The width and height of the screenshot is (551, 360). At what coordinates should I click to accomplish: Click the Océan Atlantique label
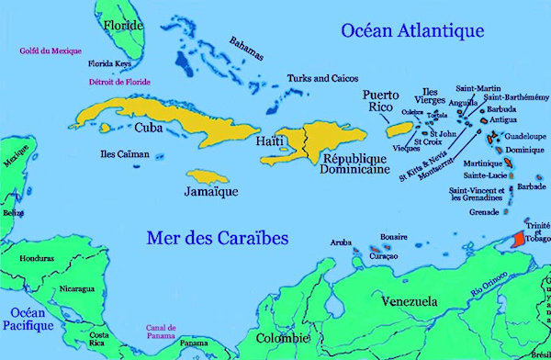tap(412, 32)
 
